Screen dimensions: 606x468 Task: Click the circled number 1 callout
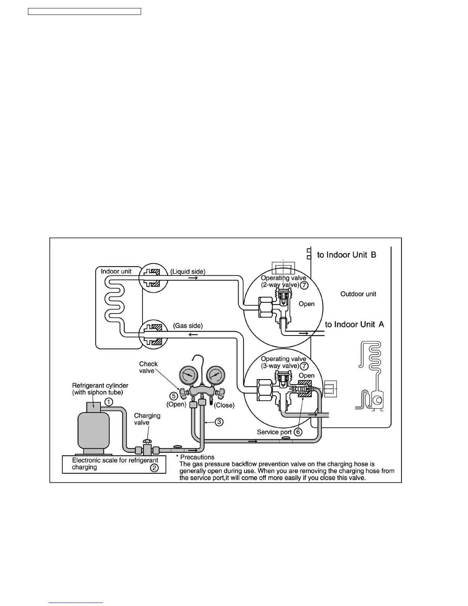(109, 402)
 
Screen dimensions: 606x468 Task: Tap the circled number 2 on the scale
(154, 468)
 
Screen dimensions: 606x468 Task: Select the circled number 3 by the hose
(218, 422)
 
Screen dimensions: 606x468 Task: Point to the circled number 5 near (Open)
(174, 396)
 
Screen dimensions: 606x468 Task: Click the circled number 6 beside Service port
(298, 432)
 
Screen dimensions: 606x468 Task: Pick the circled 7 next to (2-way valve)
(304, 285)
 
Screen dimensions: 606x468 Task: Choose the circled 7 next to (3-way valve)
(304, 366)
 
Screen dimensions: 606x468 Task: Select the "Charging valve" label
(147, 419)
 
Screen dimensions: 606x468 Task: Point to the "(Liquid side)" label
(188, 272)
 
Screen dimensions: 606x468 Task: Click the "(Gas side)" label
(188, 326)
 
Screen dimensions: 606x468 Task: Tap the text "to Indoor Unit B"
(346, 255)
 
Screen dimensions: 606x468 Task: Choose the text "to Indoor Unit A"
(354, 324)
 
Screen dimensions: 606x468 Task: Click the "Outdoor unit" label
(358, 294)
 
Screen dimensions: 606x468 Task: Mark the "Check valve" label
(148, 367)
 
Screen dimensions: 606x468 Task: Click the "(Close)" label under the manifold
(224, 405)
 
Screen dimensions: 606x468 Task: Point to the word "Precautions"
(197, 457)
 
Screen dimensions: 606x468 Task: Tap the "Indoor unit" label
(116, 271)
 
